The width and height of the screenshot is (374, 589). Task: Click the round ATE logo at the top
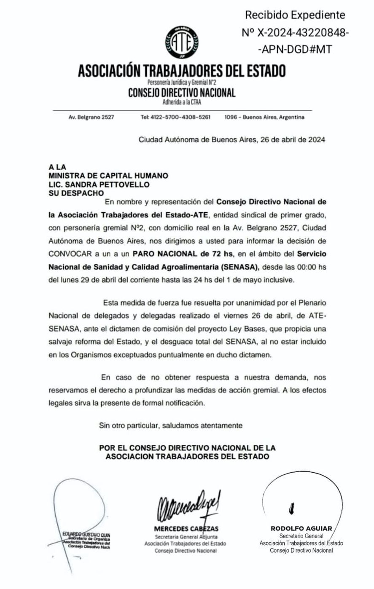tap(182, 42)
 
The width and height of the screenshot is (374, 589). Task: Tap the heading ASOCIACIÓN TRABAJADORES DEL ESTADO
tap(182, 70)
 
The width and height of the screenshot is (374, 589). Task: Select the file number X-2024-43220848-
tap(295, 32)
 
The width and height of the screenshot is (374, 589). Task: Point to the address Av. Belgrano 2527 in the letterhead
tap(91, 117)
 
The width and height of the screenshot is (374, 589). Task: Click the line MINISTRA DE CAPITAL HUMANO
tap(108, 175)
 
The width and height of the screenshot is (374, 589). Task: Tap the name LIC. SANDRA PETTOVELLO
tap(99, 184)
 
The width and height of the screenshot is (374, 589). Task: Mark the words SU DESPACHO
tap(76, 193)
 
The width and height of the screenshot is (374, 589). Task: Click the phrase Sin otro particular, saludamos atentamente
tap(170, 425)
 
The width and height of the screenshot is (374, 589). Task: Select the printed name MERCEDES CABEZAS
tap(186, 528)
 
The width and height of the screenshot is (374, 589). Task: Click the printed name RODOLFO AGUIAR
tap(301, 528)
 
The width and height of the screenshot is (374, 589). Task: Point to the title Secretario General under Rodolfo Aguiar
tap(301, 535)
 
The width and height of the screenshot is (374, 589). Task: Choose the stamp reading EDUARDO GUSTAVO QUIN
tap(86, 535)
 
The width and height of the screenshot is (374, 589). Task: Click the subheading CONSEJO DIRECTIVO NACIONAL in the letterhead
tap(182, 93)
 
